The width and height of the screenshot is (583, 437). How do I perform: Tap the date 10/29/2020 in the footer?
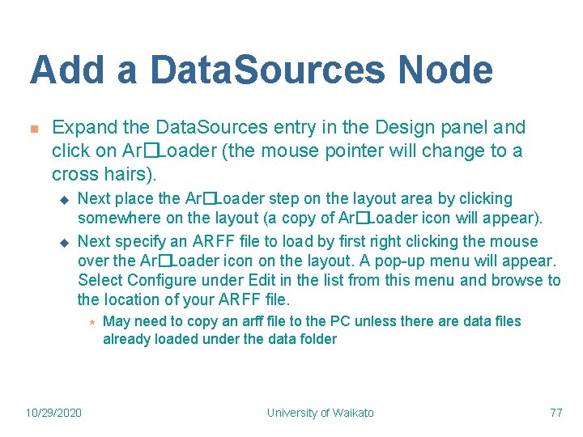tap(53, 413)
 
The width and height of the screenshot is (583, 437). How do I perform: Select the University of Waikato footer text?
tap(321, 413)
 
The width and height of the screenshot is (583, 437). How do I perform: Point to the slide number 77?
tap(555, 413)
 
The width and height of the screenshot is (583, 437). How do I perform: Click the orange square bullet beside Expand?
tap(34, 129)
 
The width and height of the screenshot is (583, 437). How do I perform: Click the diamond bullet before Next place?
tap(66, 199)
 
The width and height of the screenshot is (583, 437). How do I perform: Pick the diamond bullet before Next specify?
tap(66, 242)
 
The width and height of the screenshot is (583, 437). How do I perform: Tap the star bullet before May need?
tap(92, 322)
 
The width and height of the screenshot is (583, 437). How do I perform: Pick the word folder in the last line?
tap(317, 340)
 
